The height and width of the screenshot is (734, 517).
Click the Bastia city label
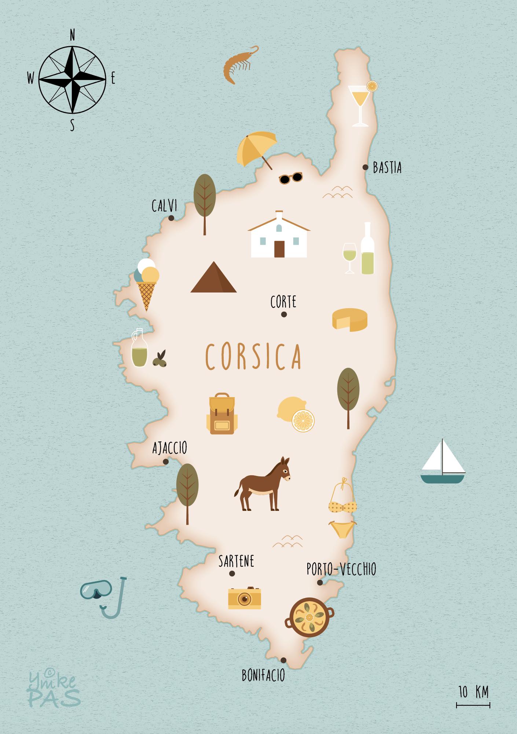coord(387,168)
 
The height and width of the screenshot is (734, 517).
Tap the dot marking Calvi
coord(171,218)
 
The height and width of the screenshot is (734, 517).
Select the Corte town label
coord(283,302)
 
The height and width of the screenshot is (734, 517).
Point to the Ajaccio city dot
coord(166,462)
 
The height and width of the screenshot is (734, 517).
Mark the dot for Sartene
coord(232,573)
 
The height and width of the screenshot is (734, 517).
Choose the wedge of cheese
coord(349,319)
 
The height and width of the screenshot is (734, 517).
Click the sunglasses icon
coord(291,178)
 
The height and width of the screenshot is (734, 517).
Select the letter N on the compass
coord(72,35)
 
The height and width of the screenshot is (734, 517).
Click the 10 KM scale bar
coord(473,705)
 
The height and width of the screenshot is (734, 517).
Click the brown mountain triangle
coord(213,277)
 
